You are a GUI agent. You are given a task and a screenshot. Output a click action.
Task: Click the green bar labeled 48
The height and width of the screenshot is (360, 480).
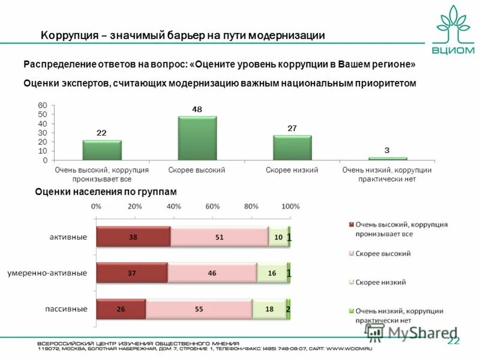click(197, 138)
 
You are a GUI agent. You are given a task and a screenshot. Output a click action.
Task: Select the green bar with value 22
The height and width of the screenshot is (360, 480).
click(102, 150)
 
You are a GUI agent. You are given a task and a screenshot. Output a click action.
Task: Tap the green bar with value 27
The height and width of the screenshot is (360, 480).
click(292, 148)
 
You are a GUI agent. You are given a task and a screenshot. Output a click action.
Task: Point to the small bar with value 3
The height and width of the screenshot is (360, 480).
click(388, 158)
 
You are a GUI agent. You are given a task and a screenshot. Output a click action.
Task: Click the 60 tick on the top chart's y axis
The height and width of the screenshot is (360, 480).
click(42, 105)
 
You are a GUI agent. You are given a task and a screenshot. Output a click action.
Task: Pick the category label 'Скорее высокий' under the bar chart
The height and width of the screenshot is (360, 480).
click(197, 170)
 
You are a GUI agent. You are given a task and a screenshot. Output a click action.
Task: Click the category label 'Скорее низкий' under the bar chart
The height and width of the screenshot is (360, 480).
click(292, 170)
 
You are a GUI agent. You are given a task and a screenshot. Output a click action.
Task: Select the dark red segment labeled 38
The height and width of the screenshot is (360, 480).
click(133, 237)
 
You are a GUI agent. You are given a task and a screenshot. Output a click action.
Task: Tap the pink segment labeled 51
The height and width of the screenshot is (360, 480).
click(219, 237)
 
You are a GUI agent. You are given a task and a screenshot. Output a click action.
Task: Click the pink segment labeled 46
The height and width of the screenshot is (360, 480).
click(212, 273)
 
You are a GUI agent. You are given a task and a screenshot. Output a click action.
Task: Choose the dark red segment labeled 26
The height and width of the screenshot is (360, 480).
click(121, 309)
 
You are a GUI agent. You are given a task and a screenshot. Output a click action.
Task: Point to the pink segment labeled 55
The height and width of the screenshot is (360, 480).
click(198, 309)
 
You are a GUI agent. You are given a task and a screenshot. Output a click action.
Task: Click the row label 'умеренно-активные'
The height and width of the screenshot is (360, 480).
click(47, 273)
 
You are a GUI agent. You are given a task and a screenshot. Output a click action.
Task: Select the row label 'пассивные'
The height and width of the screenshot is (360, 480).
click(67, 308)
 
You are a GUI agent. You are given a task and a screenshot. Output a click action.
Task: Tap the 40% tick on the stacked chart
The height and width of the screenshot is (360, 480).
click(173, 206)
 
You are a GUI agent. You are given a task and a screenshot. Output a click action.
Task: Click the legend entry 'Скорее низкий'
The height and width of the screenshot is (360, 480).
click(380, 282)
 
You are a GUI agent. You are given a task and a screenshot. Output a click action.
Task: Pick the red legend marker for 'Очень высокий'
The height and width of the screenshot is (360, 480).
click(352, 224)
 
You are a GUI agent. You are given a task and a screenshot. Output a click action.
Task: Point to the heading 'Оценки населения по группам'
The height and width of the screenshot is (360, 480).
click(106, 191)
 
